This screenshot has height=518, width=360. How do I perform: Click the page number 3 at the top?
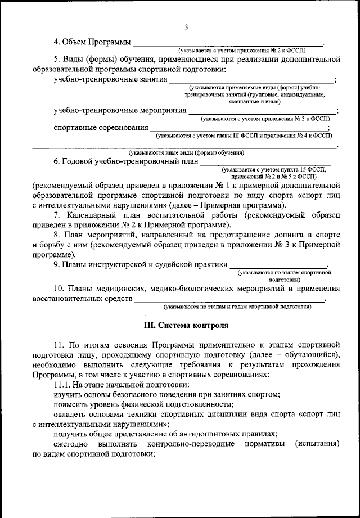click(186, 27)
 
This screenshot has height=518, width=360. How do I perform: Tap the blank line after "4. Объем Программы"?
click(228, 44)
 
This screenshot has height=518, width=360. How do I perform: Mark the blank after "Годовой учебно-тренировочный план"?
click(270, 162)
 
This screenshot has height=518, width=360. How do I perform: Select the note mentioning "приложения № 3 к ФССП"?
click(265, 119)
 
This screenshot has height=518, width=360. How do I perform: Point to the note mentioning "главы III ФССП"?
click(242, 136)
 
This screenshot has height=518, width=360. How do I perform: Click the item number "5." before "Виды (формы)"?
click(57, 58)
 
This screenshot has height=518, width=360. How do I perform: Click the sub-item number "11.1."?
click(62, 385)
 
